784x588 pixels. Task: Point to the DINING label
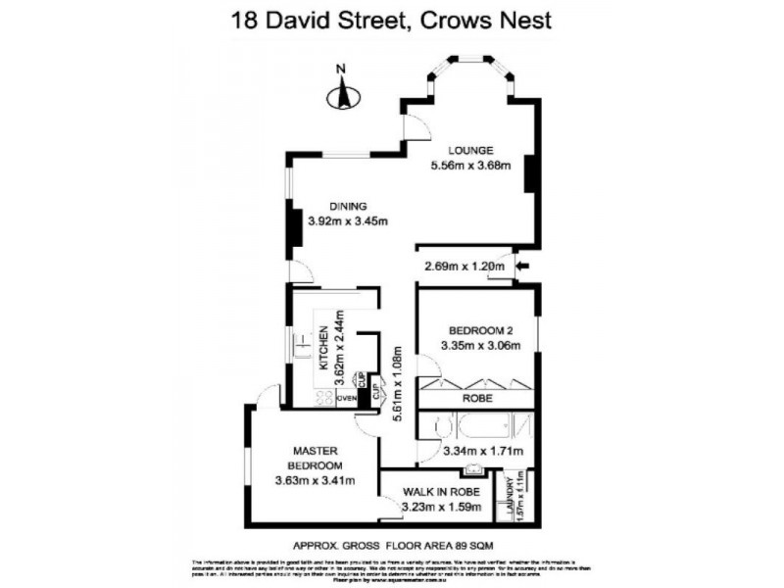[347, 206]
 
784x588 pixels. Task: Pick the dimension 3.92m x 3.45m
[347, 220]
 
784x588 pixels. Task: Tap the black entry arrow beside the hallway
[521, 265]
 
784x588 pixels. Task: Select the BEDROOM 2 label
[475, 329]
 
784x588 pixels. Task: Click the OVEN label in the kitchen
[345, 399]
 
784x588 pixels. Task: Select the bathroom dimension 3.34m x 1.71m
[483, 452]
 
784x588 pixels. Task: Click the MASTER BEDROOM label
[315, 456]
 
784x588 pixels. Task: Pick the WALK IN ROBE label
[441, 492]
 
